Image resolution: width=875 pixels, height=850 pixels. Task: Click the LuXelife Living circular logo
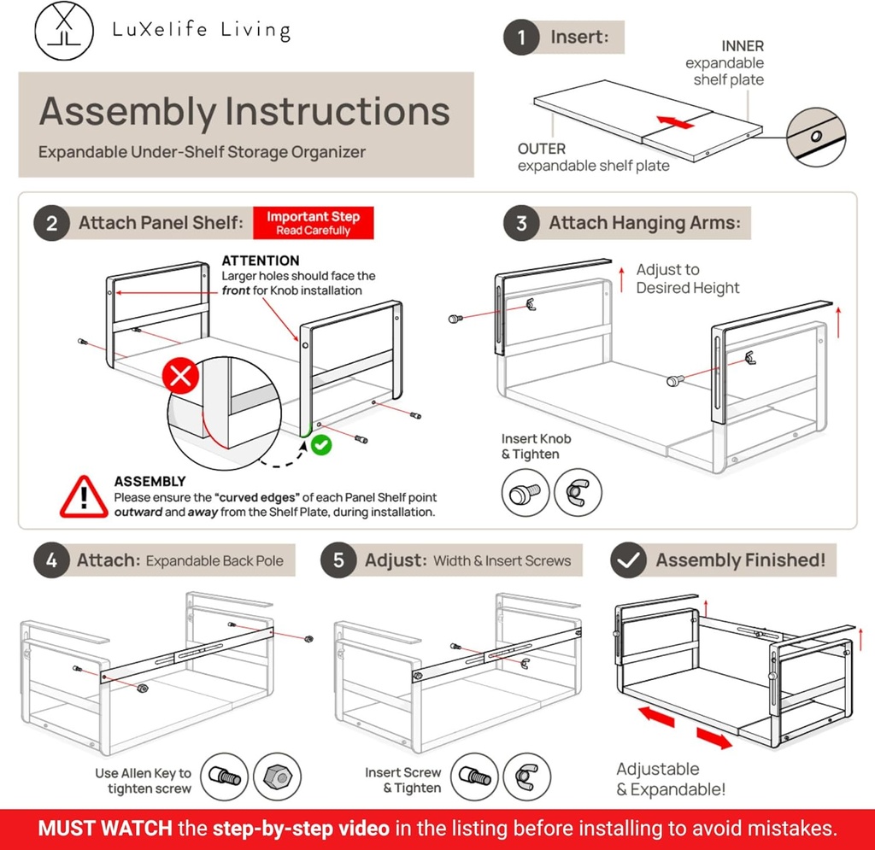65,30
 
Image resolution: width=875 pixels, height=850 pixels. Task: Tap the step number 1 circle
521,38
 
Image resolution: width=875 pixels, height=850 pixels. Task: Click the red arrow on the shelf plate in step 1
676,123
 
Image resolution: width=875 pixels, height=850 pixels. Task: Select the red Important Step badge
314,224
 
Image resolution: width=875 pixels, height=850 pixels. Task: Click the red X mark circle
181,376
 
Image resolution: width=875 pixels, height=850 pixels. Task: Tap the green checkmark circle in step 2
320,444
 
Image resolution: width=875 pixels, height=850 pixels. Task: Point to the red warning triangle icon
84,496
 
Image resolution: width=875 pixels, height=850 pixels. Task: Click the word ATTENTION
261,261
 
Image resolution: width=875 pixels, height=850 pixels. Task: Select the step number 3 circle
521,224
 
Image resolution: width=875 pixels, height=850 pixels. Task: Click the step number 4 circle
51,561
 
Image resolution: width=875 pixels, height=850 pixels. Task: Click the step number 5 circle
338,561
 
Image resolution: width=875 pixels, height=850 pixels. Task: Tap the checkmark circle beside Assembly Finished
630,561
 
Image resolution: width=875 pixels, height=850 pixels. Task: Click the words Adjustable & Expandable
671,779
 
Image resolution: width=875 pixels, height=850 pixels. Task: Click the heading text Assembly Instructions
244,112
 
